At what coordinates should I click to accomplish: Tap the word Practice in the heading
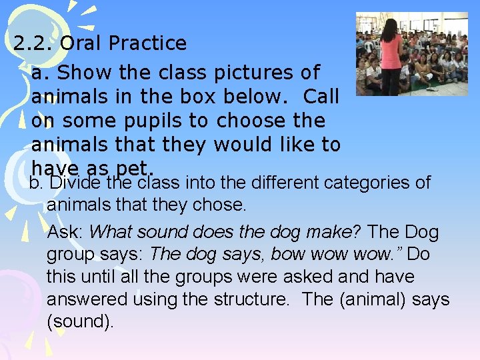point(147,43)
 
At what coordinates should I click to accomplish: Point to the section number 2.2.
point(33,43)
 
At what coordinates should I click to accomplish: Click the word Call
point(321,97)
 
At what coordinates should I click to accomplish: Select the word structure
point(253,299)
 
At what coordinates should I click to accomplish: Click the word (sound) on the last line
point(80,322)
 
